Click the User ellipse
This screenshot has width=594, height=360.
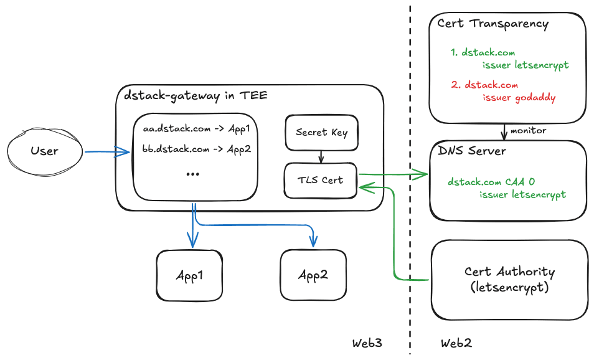(44, 151)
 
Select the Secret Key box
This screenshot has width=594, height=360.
(321, 132)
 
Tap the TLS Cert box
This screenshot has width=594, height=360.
(320, 181)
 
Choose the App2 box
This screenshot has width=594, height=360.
(313, 275)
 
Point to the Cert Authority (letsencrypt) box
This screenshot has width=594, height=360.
(509, 280)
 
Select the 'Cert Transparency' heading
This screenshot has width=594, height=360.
(493, 24)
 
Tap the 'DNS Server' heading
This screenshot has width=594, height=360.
(472, 151)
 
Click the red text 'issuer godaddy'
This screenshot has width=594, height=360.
(519, 97)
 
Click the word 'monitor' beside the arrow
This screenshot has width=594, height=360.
(528, 131)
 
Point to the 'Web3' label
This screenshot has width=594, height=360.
(367, 343)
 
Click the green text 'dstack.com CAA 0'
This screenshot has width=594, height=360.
(491, 182)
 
